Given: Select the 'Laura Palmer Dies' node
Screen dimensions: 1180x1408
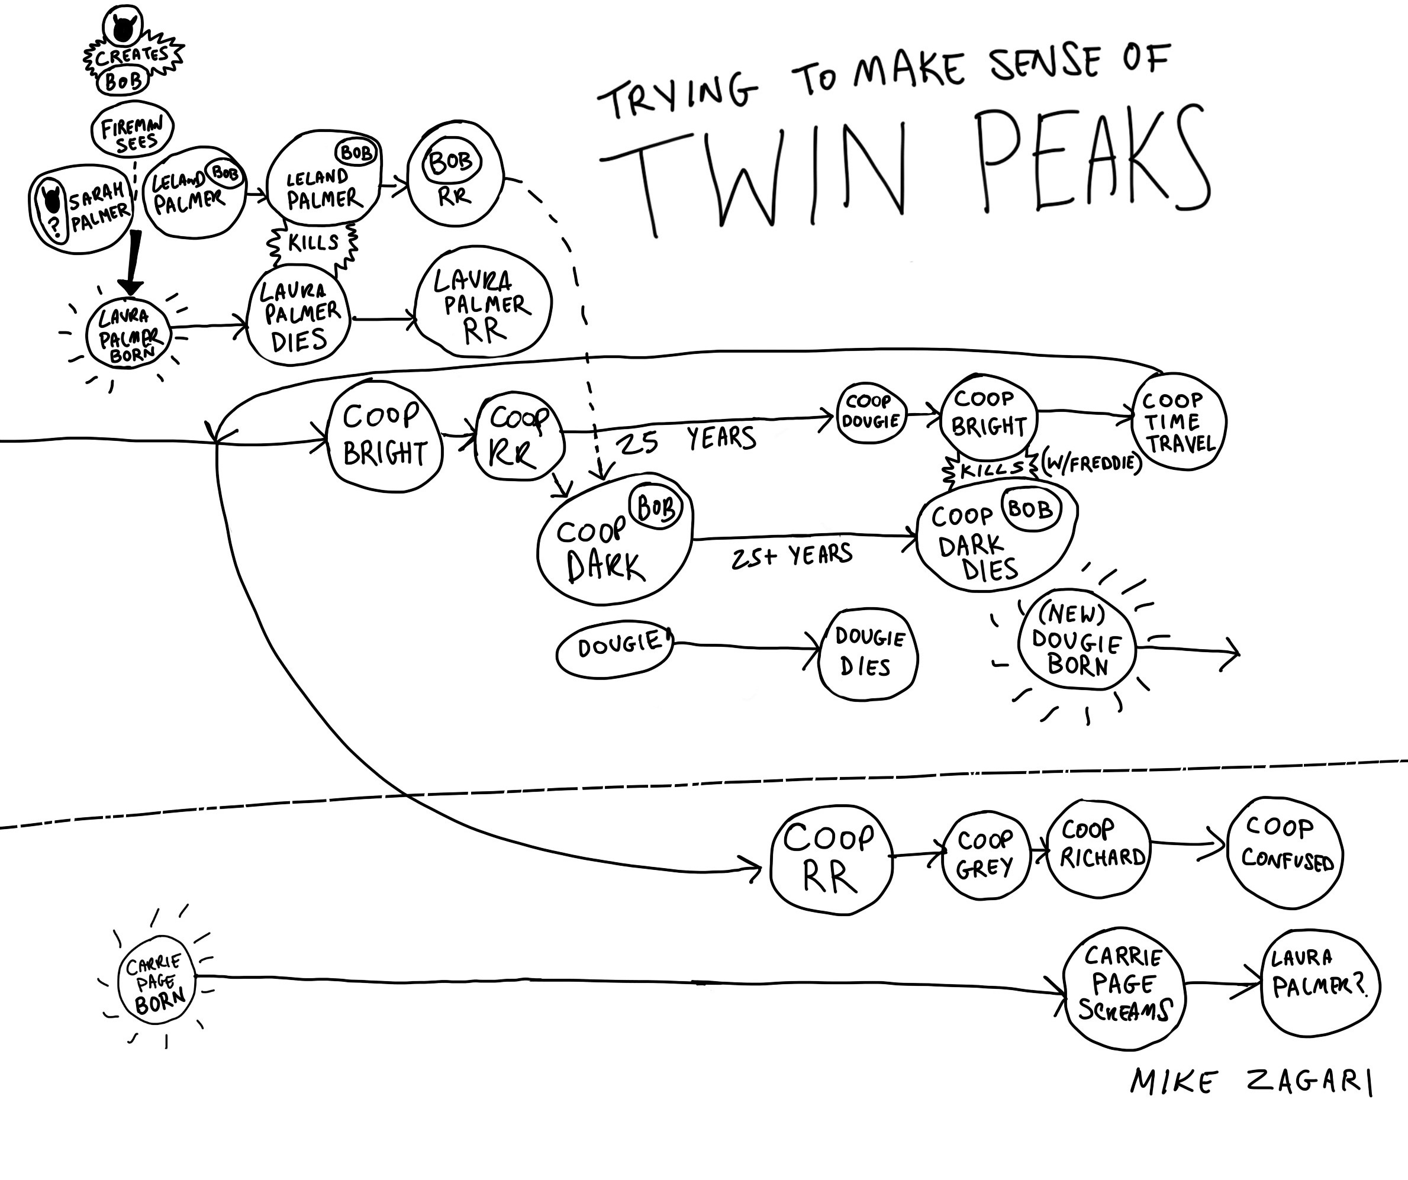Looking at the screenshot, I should [x=298, y=317].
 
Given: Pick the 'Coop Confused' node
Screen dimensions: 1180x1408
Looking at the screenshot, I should [x=1284, y=852].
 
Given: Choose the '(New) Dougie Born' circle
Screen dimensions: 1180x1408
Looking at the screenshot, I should [x=1077, y=640].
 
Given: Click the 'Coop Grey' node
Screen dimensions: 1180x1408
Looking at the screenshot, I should [x=984, y=854].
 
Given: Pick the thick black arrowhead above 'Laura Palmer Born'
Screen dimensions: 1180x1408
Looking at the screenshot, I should [x=131, y=285].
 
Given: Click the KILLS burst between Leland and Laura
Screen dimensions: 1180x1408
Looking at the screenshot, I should [x=312, y=243].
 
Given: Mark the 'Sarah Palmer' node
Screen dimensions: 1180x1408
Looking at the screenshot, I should [x=80, y=208].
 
